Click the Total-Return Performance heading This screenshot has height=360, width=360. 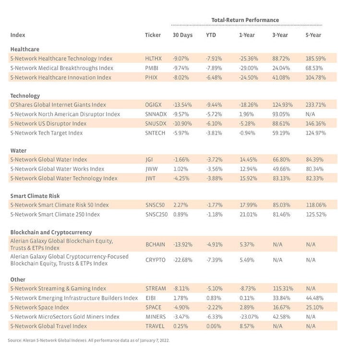click(245, 20)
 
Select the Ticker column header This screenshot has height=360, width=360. click(153, 35)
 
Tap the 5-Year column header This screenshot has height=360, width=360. click(313, 35)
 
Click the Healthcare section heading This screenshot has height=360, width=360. click(24, 49)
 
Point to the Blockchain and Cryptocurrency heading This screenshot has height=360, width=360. click(51, 232)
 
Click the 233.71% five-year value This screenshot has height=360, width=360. click(316, 105)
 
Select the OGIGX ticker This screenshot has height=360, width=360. click(154, 105)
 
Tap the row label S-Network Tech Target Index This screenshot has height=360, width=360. click(46, 133)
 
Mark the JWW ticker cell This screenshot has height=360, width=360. click(151, 169)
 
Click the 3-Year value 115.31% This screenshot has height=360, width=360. click(282, 288)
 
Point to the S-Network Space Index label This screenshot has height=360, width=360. click(39, 307)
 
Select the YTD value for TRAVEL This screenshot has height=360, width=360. click(214, 326)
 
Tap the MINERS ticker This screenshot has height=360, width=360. click(155, 317)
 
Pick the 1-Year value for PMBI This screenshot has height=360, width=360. click(248, 68)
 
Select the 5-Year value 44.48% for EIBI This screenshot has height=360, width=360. click(315, 298)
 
